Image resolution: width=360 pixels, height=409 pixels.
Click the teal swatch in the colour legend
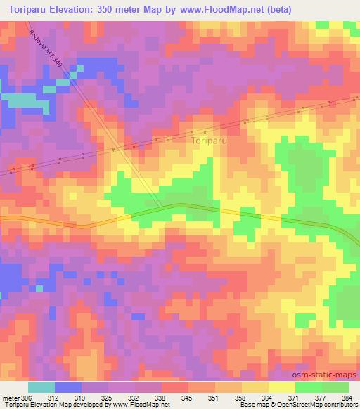click(41, 387)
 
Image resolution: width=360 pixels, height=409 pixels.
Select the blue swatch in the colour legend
click(68, 387)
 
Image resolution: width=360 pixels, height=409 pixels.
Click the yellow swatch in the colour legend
click(282, 387)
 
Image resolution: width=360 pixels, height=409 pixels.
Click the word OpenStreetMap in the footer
click(292, 405)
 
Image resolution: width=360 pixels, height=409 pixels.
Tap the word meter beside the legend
click(11, 398)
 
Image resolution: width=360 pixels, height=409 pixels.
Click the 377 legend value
click(321, 398)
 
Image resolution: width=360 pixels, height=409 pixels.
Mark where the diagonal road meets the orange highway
click(163, 207)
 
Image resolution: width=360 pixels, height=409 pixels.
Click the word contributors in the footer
click(338, 405)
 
